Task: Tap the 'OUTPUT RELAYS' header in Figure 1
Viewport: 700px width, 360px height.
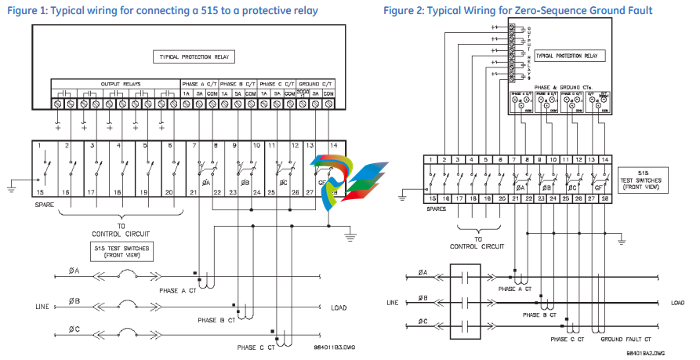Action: click(x=117, y=83)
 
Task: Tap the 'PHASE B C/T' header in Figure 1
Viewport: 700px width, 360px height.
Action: click(x=238, y=83)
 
